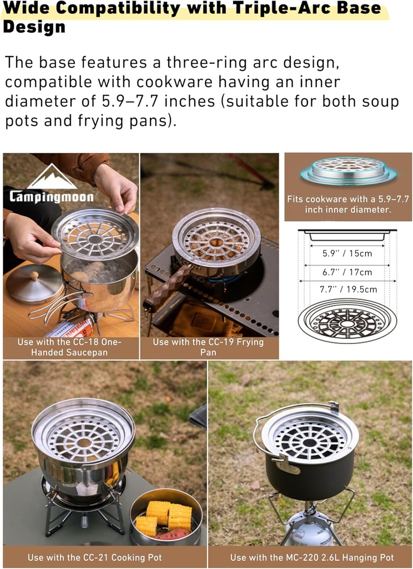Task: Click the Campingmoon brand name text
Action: [x=51, y=197]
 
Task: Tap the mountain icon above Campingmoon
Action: [x=53, y=177]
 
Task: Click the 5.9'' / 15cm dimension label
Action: [x=347, y=253]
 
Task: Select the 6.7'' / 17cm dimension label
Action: [x=347, y=272]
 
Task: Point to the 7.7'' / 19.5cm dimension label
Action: [x=347, y=289]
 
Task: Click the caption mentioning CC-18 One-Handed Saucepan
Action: [x=69, y=347]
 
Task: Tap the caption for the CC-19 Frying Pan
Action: [x=208, y=347]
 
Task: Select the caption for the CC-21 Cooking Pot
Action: [x=104, y=557]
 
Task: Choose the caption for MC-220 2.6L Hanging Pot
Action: [x=311, y=557]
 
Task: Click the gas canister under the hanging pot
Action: [x=310, y=532]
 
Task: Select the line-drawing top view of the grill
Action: [x=347, y=321]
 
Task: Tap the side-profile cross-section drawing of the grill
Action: [x=347, y=234]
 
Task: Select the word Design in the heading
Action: [x=34, y=26]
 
